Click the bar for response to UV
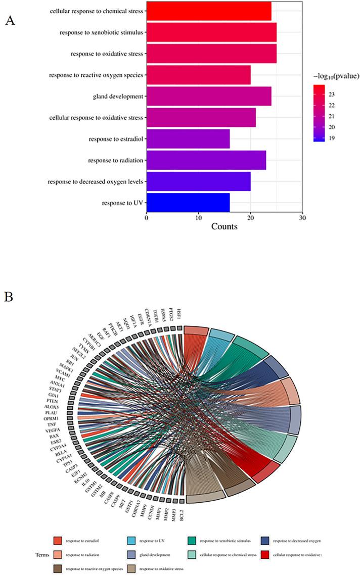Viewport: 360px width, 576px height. tap(188, 202)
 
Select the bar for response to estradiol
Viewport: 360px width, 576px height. tap(188, 138)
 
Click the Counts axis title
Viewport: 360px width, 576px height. tap(223, 227)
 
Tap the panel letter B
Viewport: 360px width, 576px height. tap(9, 295)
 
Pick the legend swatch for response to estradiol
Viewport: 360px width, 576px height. tap(57, 541)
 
